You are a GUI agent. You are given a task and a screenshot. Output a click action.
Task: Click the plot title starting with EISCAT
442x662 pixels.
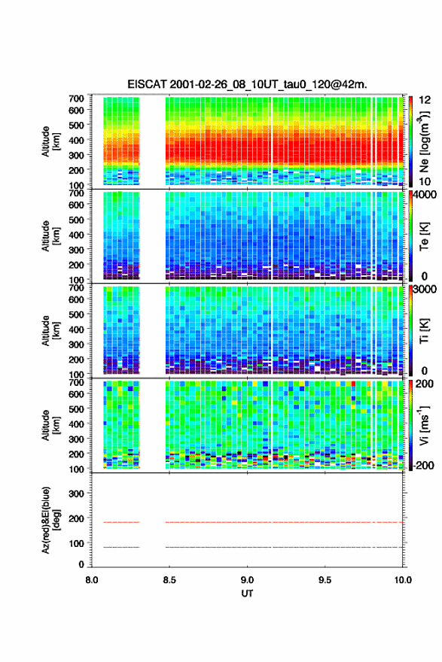coord(247,84)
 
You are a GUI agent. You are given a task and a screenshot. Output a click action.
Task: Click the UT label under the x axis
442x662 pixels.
coord(247,594)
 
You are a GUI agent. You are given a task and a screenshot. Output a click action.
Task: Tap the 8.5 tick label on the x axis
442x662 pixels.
coord(169,580)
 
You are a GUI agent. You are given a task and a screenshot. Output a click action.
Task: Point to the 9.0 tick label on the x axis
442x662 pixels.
coord(247,580)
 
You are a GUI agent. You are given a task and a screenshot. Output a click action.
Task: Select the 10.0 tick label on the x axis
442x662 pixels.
coord(403,580)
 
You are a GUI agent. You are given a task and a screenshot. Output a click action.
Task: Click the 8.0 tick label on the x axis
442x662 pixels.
coord(92,580)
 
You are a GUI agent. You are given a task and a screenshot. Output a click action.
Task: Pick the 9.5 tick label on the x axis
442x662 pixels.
coord(325,580)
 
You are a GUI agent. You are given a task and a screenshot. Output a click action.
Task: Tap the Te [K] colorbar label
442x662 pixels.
coord(424,236)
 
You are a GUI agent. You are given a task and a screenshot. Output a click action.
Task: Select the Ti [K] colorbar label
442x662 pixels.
coord(424,330)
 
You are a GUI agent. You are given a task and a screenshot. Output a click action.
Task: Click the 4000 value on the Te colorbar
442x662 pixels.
coord(425,195)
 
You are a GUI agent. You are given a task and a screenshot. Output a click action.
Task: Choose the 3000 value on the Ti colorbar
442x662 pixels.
coord(425,290)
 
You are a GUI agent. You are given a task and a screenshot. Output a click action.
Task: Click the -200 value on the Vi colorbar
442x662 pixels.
coord(423,465)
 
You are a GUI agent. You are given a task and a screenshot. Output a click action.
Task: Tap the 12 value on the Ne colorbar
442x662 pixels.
coord(425,100)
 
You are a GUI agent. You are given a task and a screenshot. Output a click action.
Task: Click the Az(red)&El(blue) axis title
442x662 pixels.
coord(51,520)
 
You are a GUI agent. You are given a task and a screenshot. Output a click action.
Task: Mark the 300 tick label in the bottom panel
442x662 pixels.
coord(76,493)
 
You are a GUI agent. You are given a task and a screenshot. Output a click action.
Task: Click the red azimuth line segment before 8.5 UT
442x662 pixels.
coord(121,522)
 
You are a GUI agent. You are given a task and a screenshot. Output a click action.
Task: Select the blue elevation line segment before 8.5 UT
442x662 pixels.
coord(121,547)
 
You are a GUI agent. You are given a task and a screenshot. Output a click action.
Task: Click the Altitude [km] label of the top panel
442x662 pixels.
coord(51,141)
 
